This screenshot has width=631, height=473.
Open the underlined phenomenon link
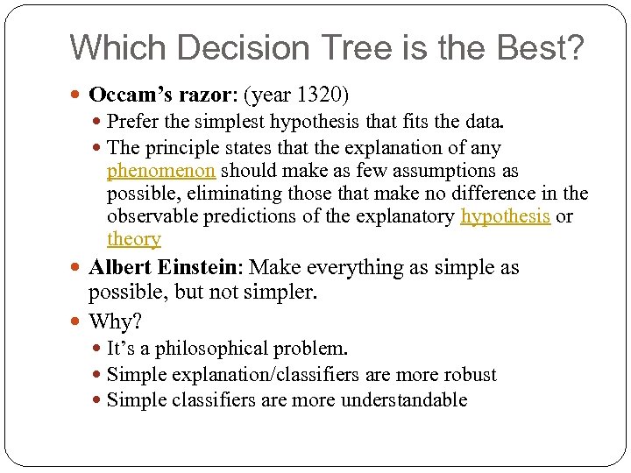pyautogui.click(x=160, y=171)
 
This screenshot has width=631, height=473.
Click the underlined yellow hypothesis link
pyautogui.click(x=506, y=216)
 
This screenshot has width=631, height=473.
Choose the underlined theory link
pyautogui.click(x=133, y=239)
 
